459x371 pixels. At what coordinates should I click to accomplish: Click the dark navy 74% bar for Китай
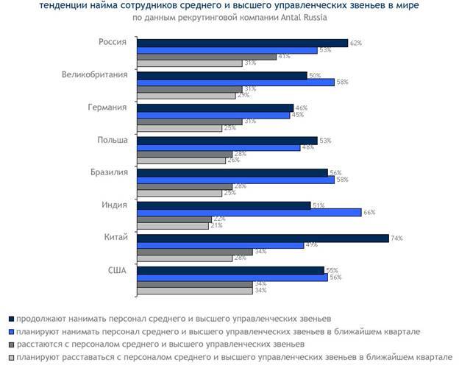tap(263, 238)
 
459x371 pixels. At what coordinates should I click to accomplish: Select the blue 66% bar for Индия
tap(249, 212)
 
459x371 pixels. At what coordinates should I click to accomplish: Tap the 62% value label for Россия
tap(355, 43)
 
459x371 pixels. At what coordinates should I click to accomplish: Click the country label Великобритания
tap(95, 74)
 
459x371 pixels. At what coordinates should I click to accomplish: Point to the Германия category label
tap(107, 107)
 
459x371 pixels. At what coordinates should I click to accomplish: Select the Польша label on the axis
tap(112, 140)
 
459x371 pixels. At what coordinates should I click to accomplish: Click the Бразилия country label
tap(107, 172)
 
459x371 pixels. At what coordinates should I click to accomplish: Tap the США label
tap(116, 270)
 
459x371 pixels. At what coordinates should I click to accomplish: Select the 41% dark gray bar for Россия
tap(207, 57)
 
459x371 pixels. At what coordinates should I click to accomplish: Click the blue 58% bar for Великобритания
tap(236, 82)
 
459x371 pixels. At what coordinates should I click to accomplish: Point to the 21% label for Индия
tap(216, 225)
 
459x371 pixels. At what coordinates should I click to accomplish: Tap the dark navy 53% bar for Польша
tap(227, 140)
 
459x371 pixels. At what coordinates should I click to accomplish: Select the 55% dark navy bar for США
tap(230, 270)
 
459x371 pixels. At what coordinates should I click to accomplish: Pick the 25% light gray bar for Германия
tap(179, 128)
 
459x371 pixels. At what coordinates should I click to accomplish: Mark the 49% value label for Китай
tap(311, 244)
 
